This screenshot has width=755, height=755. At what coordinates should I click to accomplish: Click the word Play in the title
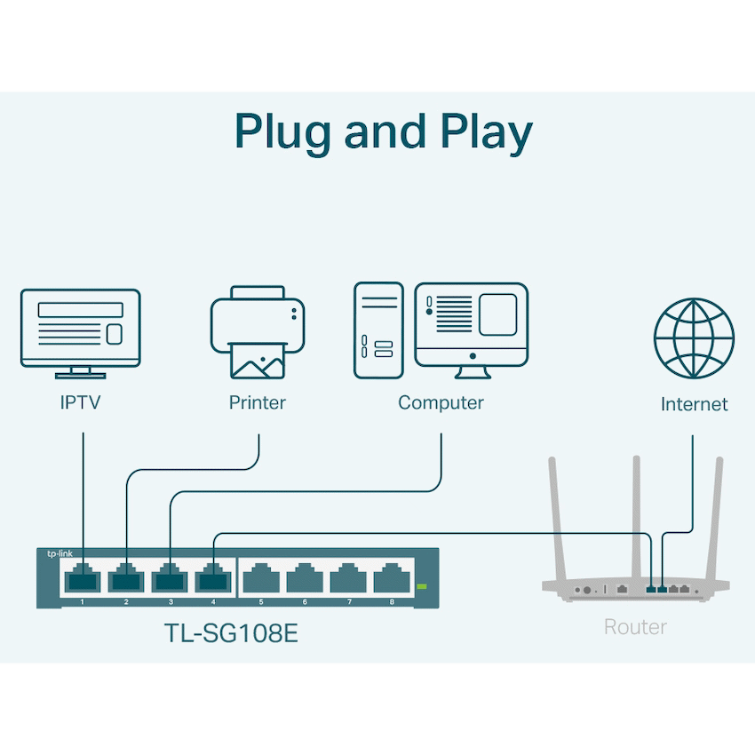(x=486, y=132)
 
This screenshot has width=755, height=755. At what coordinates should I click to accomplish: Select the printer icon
(x=258, y=331)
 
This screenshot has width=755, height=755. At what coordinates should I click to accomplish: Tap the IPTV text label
(x=81, y=402)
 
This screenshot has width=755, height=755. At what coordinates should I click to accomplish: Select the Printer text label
(x=258, y=402)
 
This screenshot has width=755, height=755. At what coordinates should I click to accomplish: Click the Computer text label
(x=441, y=402)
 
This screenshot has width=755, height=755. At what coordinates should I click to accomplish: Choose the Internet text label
(x=694, y=404)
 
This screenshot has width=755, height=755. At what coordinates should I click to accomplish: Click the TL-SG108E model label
(x=237, y=632)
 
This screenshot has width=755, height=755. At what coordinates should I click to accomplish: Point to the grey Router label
(x=635, y=627)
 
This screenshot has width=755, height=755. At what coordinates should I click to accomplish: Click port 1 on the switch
(x=83, y=581)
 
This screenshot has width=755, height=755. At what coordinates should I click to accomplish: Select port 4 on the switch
(x=214, y=581)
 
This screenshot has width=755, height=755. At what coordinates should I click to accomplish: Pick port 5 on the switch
(x=261, y=581)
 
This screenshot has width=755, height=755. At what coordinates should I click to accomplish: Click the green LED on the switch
(x=422, y=586)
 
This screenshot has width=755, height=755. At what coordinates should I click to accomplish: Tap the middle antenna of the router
(x=636, y=515)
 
